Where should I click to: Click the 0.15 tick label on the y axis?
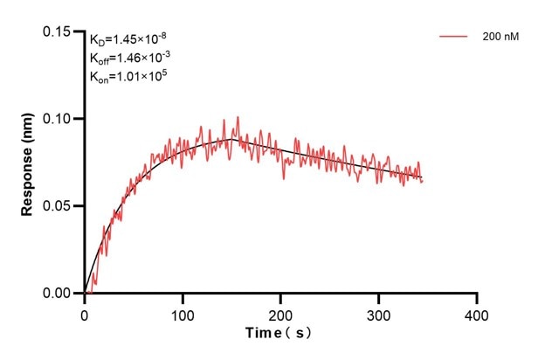tap(59, 31)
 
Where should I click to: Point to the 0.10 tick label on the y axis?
tap(59, 119)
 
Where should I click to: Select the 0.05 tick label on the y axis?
tap(59, 206)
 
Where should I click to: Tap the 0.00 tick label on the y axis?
tap(59, 294)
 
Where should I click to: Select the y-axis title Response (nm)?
tap(28, 163)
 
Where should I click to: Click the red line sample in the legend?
tap(455, 37)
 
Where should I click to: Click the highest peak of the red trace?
tap(237, 117)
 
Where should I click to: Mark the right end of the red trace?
tap(422, 181)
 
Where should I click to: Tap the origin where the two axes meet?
tap(85, 294)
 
